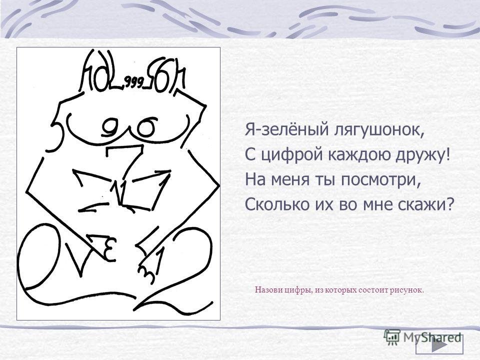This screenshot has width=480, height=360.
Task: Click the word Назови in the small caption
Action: [x=266, y=289]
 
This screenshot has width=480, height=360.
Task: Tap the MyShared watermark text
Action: [x=432, y=337]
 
